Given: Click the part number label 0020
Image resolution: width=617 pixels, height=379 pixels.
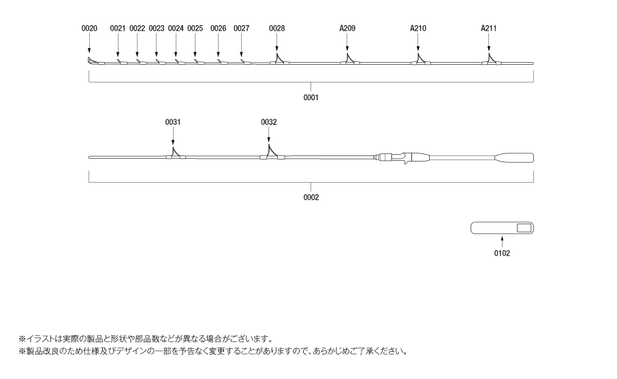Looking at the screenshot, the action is coord(89,29).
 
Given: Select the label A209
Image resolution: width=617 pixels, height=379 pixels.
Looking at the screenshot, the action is coord(347,29).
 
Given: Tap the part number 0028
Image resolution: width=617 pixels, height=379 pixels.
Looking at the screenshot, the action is coord(277,29).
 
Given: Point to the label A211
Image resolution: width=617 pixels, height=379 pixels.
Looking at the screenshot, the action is coord(489,29).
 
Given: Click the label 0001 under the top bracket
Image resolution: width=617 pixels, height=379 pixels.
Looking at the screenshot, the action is coord(311,97).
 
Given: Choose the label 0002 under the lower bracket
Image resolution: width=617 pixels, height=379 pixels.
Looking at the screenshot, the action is coord(311,198).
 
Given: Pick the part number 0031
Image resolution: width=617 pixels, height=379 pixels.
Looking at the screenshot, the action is coord(173,122).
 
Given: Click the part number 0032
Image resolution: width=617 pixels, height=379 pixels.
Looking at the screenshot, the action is coord(269,122).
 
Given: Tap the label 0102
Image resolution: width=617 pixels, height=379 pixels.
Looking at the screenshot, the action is coord(502,254).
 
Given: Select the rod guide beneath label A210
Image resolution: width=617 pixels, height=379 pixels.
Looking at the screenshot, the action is coord(420,60).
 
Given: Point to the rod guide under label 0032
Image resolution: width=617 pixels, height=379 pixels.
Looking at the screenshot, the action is coord(272,153).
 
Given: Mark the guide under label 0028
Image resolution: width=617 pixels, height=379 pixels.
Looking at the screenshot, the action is coord(279,60).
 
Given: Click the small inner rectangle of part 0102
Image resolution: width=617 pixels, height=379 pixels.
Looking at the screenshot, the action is coord(524,228).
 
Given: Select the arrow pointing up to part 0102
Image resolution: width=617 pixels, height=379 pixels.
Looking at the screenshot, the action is coord(502,241).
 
